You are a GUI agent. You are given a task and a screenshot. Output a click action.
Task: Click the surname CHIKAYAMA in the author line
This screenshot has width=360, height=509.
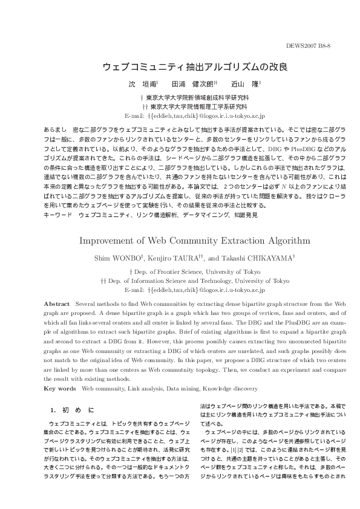(271, 258)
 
